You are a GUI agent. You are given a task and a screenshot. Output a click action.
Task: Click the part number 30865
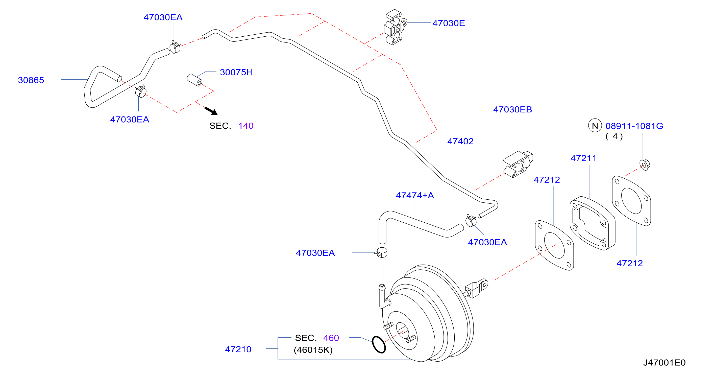[x=31, y=80]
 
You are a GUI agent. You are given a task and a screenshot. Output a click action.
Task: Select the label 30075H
[x=236, y=72]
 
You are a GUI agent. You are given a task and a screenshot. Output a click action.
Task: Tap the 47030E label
[x=449, y=23]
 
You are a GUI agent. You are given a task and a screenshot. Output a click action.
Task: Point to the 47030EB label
[x=513, y=109]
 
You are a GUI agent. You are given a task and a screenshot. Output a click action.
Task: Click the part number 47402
[x=461, y=141]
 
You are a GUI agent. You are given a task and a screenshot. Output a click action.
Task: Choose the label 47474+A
[x=415, y=195]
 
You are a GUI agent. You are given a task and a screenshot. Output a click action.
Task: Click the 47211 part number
[x=583, y=158]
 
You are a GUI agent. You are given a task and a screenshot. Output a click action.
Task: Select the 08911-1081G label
[x=634, y=126]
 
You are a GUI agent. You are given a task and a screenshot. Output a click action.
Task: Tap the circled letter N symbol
[x=595, y=126]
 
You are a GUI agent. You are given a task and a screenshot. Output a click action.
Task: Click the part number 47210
[x=238, y=349]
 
